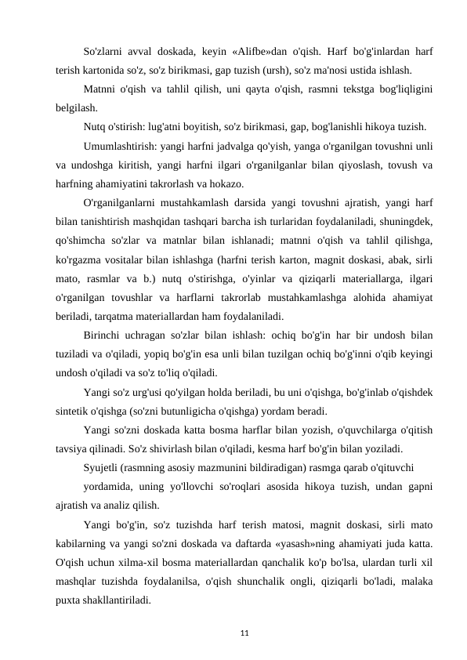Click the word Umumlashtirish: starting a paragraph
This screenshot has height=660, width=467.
click(x=118, y=147)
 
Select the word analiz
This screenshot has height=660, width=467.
click(x=114, y=506)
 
